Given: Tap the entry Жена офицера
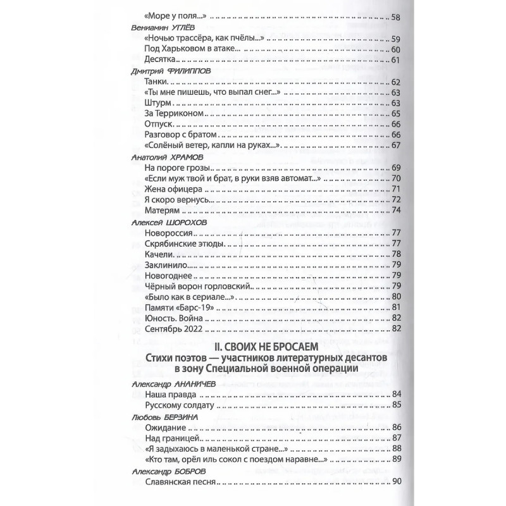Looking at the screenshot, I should pyautogui.click(x=173, y=190).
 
